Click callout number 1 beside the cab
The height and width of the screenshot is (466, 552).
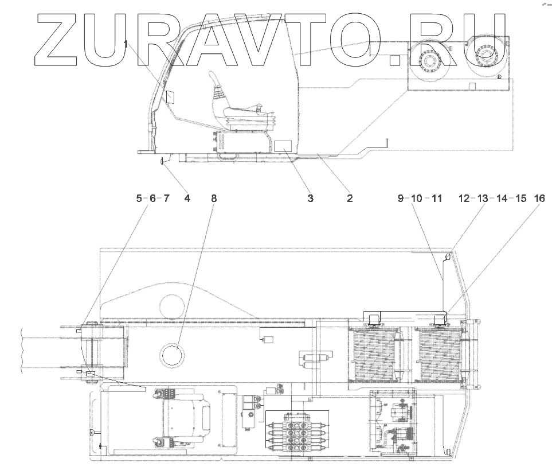[127, 44]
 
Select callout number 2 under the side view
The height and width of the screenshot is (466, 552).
[349, 199]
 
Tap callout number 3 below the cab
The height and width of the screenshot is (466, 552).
[310, 199]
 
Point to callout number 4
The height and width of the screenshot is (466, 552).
[187, 199]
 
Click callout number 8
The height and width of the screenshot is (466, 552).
[214, 199]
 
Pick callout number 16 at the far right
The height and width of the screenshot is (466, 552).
[539, 199]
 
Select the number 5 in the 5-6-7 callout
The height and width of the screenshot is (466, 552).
[138, 199]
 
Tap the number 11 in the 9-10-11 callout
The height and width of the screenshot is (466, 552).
[437, 199]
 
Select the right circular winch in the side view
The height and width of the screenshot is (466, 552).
[486, 56]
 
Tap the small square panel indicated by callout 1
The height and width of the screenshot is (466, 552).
[169, 96]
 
